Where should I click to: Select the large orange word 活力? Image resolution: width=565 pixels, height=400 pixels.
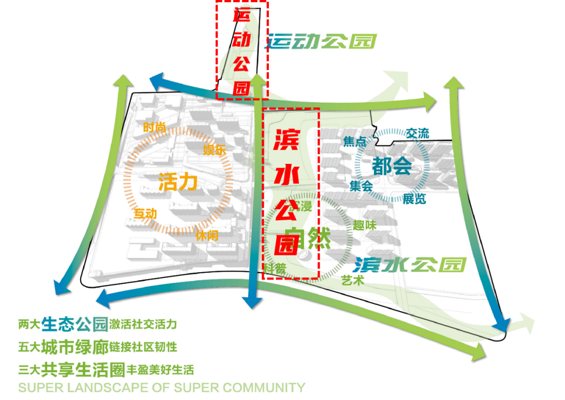178,182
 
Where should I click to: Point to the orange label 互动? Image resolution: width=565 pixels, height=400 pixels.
145,214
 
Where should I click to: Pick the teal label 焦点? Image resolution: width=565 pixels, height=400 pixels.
354,142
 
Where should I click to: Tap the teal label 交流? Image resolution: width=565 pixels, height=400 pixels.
417,134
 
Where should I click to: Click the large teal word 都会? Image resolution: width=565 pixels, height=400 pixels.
392,166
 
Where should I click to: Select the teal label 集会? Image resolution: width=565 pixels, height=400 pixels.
361,185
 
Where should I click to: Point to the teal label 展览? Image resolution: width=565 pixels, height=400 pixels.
414,199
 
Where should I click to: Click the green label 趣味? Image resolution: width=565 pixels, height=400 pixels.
365,226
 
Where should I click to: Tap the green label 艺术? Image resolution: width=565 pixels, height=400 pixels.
352,280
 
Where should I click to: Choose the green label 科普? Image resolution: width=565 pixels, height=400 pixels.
275,269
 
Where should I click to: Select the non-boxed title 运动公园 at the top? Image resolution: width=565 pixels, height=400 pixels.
322,41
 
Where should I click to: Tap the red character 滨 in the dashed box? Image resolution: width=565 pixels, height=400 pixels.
287,139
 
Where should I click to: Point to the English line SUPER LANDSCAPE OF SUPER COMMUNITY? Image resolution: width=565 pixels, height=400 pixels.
162,388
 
